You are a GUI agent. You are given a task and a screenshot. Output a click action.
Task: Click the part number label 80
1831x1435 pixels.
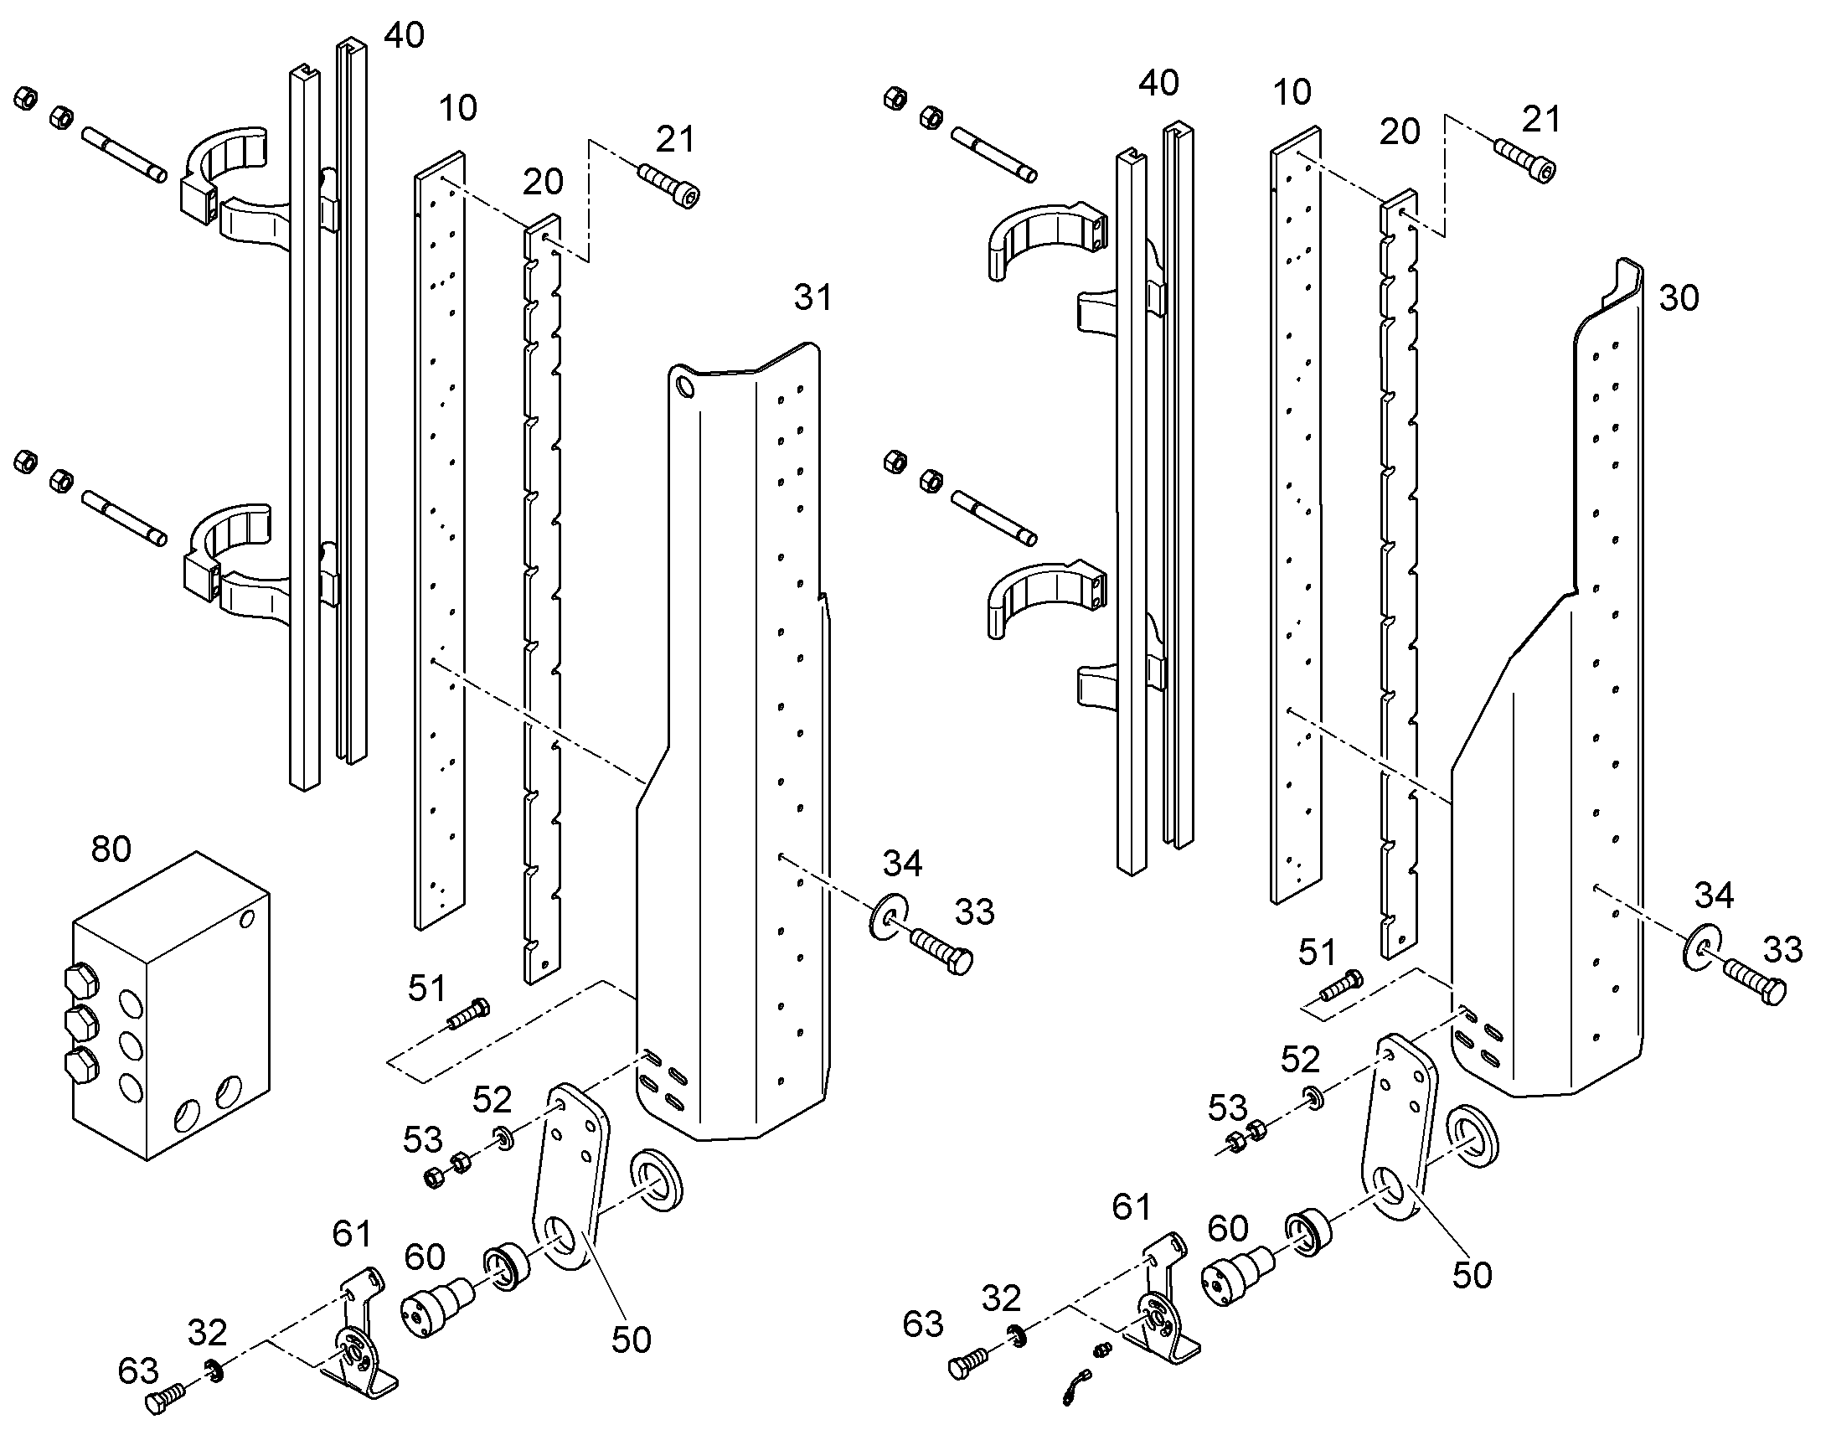(111, 849)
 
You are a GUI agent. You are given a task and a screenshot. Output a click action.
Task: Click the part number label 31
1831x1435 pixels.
(812, 297)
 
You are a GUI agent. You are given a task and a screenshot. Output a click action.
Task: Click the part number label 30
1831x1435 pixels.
(1679, 298)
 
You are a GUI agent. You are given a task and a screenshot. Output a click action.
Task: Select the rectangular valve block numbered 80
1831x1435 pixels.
(171, 1006)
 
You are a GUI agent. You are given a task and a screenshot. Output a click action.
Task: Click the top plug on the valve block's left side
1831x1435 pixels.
(80, 981)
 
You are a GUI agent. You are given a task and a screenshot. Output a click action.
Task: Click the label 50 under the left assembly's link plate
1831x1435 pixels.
(632, 1340)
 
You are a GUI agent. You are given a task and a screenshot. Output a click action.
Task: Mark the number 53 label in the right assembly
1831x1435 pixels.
(1228, 1108)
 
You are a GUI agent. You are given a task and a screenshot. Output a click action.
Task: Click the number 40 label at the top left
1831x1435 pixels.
(405, 35)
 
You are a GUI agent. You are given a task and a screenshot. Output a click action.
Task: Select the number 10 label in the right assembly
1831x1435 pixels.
(1292, 92)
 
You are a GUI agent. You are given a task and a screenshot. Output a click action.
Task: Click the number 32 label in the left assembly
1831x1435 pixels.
(207, 1333)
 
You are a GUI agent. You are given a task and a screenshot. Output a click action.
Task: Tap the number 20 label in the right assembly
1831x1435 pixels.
(1400, 132)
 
